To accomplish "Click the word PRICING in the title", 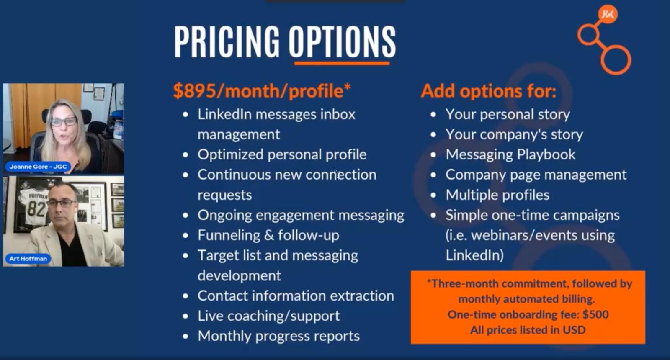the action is point(227,41).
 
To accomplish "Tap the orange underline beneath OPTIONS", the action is point(342,63).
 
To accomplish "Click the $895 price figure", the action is point(194,91).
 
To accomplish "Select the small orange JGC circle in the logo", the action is point(608,14).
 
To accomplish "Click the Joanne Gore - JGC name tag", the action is point(38,167).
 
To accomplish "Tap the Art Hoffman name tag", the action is point(28,259).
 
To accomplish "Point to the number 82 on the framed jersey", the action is point(36,209).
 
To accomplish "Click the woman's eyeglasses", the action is point(63,122).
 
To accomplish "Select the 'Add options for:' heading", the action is point(488,91).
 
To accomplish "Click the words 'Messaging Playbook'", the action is point(510,154).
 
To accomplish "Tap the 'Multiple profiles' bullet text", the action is point(497,195).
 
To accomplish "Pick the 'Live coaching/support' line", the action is point(268,316).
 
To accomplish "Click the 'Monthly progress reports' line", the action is point(279,336).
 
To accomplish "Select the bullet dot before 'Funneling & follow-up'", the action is point(186,236).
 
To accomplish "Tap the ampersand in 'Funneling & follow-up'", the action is point(269,235).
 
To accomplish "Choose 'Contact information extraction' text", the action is point(296,296).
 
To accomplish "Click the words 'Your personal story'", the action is point(508,115).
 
